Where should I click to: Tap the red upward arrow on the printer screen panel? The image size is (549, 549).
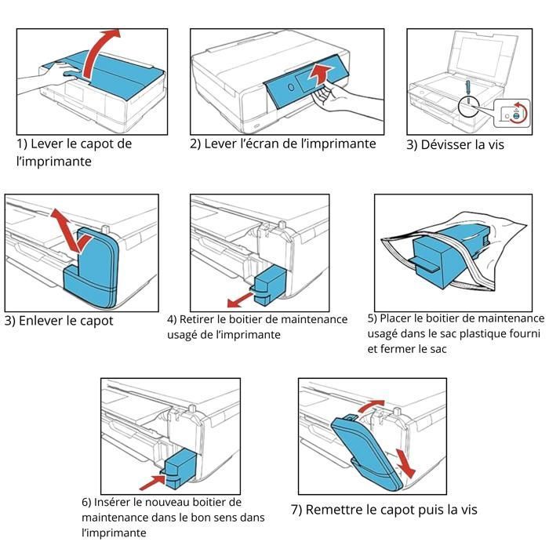[319, 75]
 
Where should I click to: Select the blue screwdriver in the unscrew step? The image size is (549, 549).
[467, 90]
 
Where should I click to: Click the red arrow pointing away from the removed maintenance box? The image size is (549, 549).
[240, 300]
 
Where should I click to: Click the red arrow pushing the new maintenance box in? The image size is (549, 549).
[152, 482]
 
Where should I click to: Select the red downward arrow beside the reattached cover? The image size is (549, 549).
[405, 463]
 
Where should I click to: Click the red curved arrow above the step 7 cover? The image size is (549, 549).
[370, 405]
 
